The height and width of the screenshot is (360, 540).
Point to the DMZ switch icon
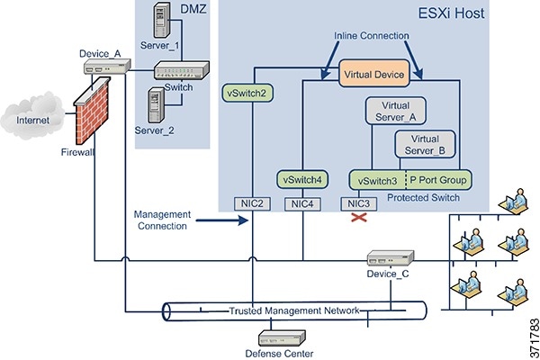181,69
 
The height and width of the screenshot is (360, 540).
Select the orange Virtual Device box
381,73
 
